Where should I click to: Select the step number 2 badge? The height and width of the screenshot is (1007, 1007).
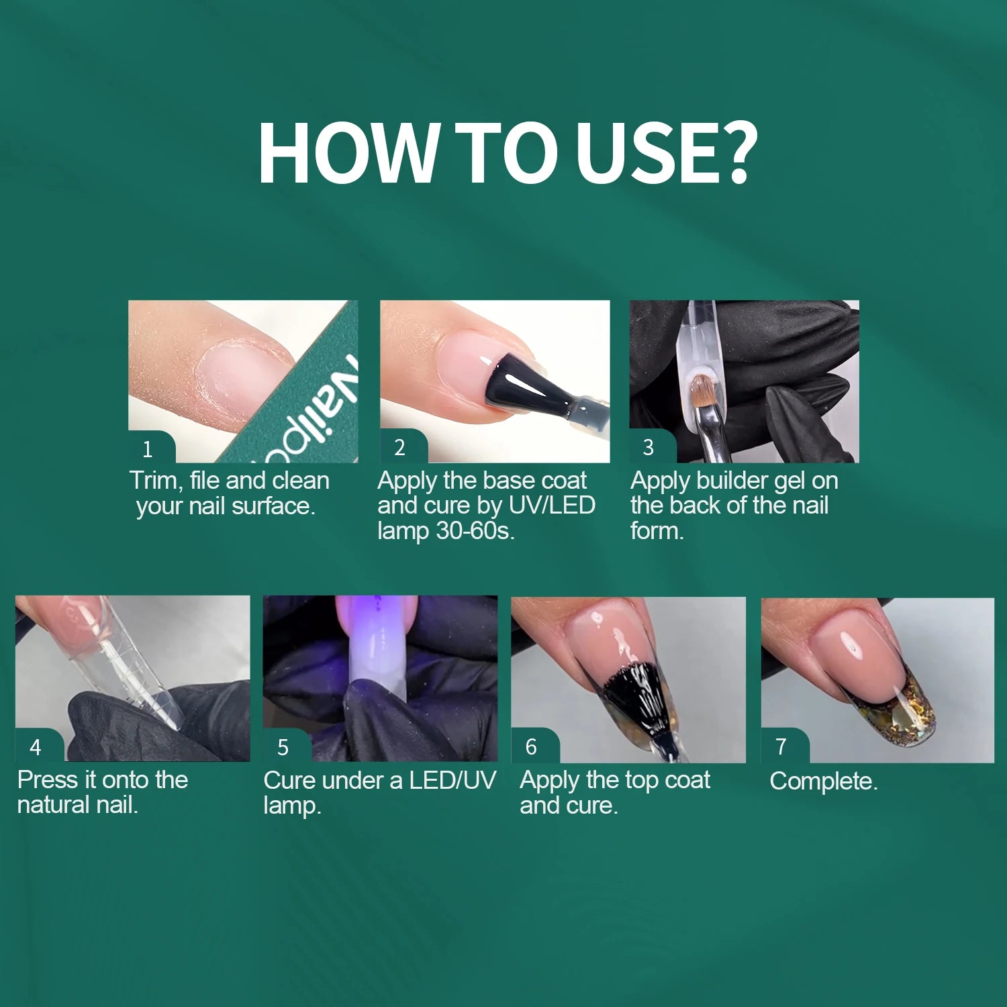pyautogui.click(x=403, y=446)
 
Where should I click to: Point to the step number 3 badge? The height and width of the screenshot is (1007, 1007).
pyautogui.click(x=652, y=446)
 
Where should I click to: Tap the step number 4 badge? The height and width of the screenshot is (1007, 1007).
pyautogui.click(x=39, y=746)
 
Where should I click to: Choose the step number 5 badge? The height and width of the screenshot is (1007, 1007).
pyautogui.click(x=287, y=746)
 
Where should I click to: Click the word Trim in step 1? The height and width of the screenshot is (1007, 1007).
pyautogui.click(x=154, y=481)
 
